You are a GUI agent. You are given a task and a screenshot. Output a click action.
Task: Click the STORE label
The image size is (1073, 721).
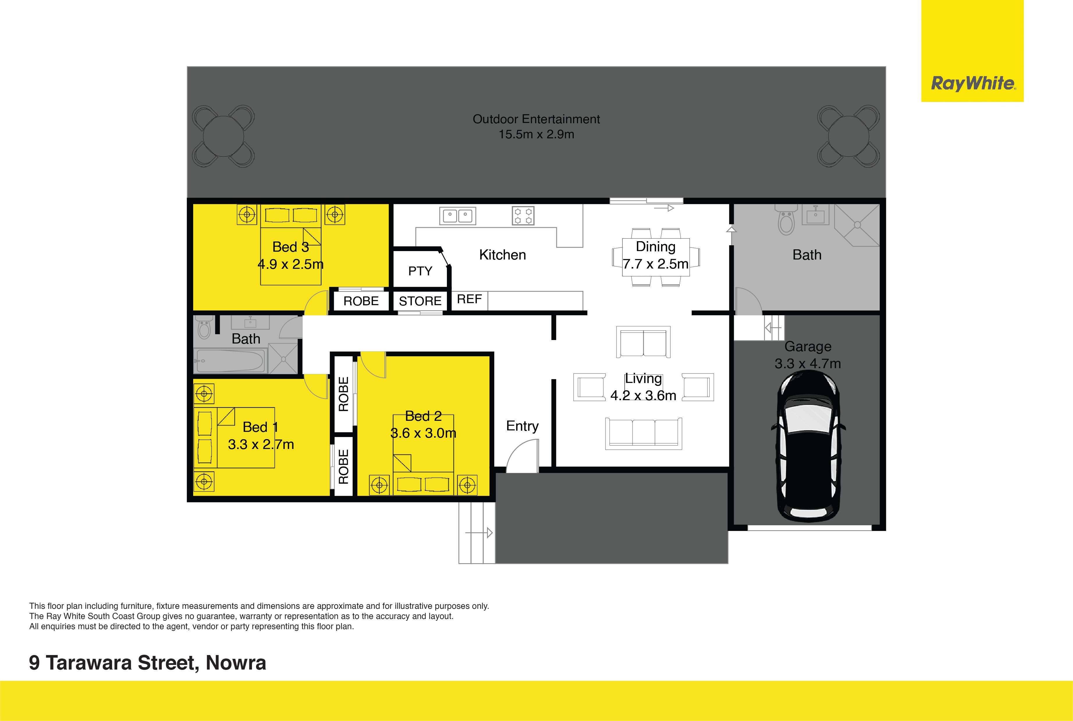[x=420, y=301]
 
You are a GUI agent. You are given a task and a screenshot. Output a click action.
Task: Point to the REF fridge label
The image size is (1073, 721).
[x=469, y=299]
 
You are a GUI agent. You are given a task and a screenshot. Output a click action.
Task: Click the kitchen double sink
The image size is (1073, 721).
[x=458, y=216]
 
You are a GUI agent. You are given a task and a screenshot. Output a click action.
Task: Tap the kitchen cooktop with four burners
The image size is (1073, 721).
[x=523, y=216]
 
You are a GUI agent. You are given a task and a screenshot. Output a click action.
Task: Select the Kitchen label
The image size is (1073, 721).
[x=502, y=255]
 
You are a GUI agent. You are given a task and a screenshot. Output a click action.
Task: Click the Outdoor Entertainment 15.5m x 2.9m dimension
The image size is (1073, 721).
[x=536, y=134]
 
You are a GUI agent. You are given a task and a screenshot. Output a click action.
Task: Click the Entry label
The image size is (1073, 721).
[x=522, y=426]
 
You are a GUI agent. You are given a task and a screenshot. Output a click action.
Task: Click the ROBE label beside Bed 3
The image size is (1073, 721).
[x=361, y=301]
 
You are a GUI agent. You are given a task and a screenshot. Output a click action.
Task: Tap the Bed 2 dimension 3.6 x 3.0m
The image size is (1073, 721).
[x=423, y=433]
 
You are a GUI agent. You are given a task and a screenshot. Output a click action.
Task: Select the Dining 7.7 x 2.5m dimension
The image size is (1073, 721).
[x=655, y=264]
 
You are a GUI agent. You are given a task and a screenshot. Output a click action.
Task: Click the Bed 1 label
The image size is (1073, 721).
[x=260, y=427]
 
